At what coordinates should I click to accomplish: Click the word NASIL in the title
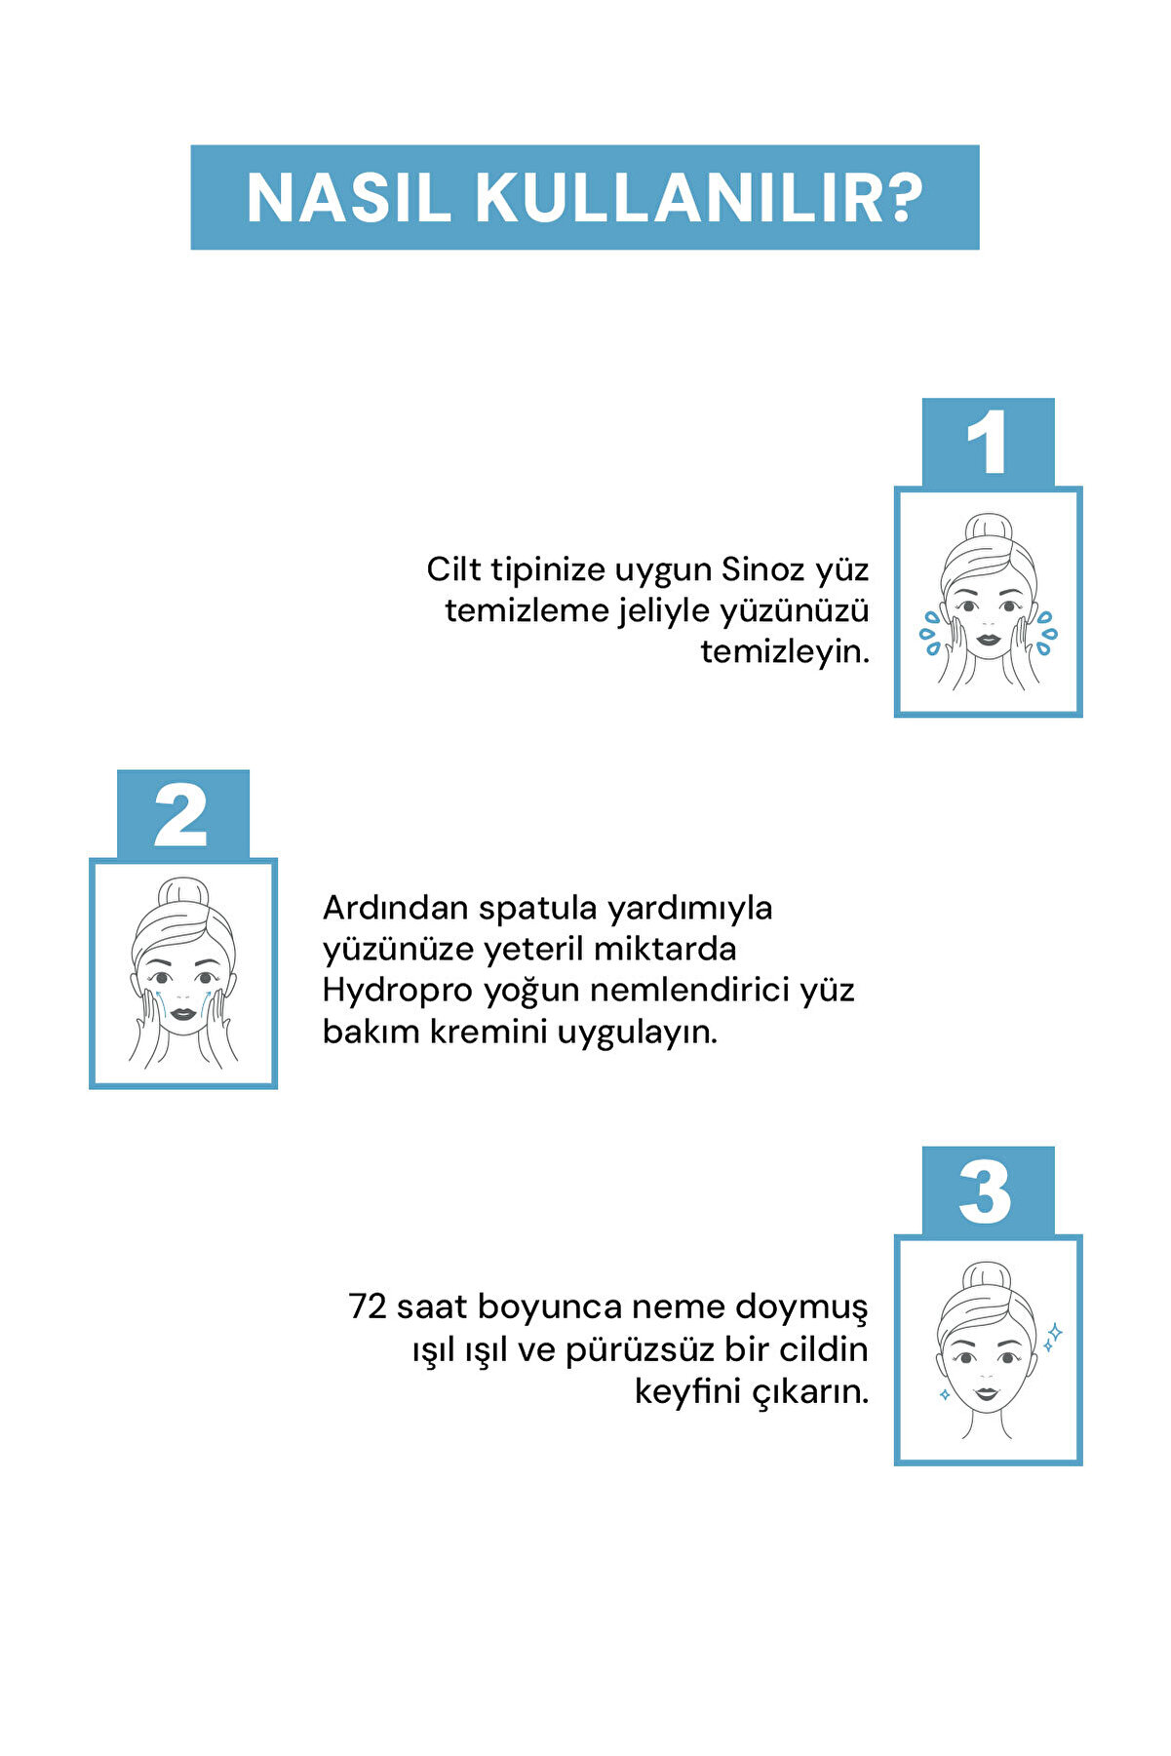[348, 199]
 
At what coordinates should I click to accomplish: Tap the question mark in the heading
[906, 198]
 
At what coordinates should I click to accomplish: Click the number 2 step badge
[182, 814]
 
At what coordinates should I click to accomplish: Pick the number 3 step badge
[988, 1190]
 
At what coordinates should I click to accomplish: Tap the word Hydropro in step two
[399, 992]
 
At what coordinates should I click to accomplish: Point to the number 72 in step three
[368, 1307]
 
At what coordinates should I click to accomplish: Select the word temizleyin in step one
[785, 651]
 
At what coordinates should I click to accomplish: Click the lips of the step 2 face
[183, 1013]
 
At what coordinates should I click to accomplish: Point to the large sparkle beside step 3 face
[1054, 1332]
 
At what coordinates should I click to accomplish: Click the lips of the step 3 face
[987, 1392]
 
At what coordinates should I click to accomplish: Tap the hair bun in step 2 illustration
[183, 894]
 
